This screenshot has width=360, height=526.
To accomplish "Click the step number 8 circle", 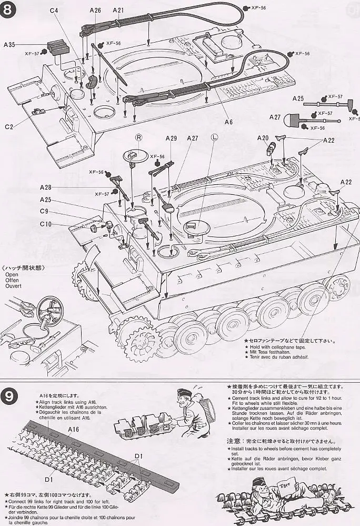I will point(11,12).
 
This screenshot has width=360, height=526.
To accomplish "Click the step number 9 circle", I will point(13,394).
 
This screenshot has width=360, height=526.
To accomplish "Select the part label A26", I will point(95,10).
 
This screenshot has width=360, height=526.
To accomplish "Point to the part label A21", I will point(118,10).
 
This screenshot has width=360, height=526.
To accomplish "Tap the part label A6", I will point(228,122).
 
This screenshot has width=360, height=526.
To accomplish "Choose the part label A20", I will point(263,138).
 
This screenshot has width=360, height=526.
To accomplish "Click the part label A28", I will point(45,187).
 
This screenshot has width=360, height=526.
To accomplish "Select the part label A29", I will point(171,138).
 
